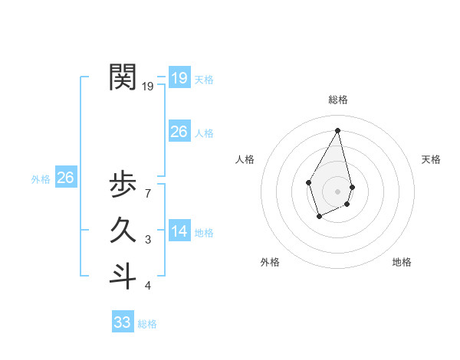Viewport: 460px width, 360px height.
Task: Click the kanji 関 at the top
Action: pyautogui.click(x=123, y=77)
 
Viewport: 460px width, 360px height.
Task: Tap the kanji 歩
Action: pyautogui.click(x=123, y=185)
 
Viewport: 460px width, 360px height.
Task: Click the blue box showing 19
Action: pyautogui.click(x=179, y=77)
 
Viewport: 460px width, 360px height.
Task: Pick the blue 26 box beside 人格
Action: pyautogui.click(x=179, y=132)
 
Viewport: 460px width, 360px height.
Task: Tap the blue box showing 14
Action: pyautogui.click(x=179, y=231)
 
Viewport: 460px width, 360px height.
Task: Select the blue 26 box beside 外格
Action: pyautogui.click(x=65, y=178)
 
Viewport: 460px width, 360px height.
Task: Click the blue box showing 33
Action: pyautogui.click(x=122, y=322)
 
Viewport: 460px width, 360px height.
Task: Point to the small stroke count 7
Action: pyautogui.click(x=147, y=195)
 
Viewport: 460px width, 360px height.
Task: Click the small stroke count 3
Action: pyautogui.click(x=147, y=241)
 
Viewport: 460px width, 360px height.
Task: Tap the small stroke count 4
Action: pyautogui.click(x=147, y=286)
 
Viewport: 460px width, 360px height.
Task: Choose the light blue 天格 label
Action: pyautogui.click(x=204, y=80)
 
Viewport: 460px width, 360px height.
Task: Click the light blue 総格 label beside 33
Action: pyautogui.click(x=147, y=325)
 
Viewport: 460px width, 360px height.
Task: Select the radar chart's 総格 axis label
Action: pyautogui.click(x=338, y=100)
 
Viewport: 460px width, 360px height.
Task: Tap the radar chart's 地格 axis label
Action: pyautogui.click(x=402, y=262)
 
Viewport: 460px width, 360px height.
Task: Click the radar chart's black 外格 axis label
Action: pyautogui.click(x=270, y=262)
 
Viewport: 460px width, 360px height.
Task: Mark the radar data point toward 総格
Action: pyautogui.click(x=338, y=130)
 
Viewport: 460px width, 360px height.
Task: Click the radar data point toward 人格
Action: pyautogui.click(x=309, y=182)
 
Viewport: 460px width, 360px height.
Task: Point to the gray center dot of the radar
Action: pyautogui.click(x=338, y=191)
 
